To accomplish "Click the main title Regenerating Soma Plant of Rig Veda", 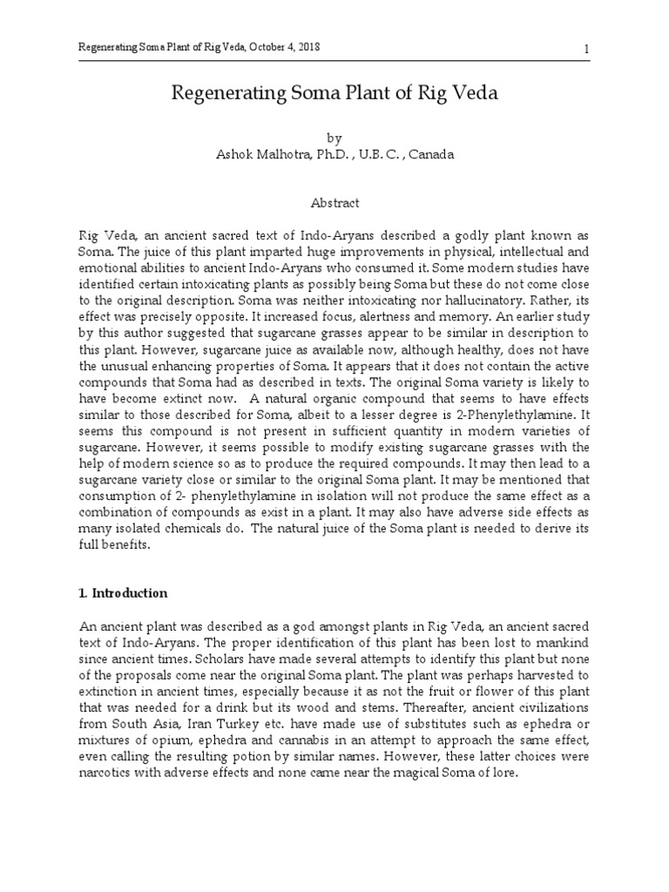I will [334, 94].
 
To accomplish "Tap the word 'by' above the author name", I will [334, 138].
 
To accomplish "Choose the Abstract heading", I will [334, 202].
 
